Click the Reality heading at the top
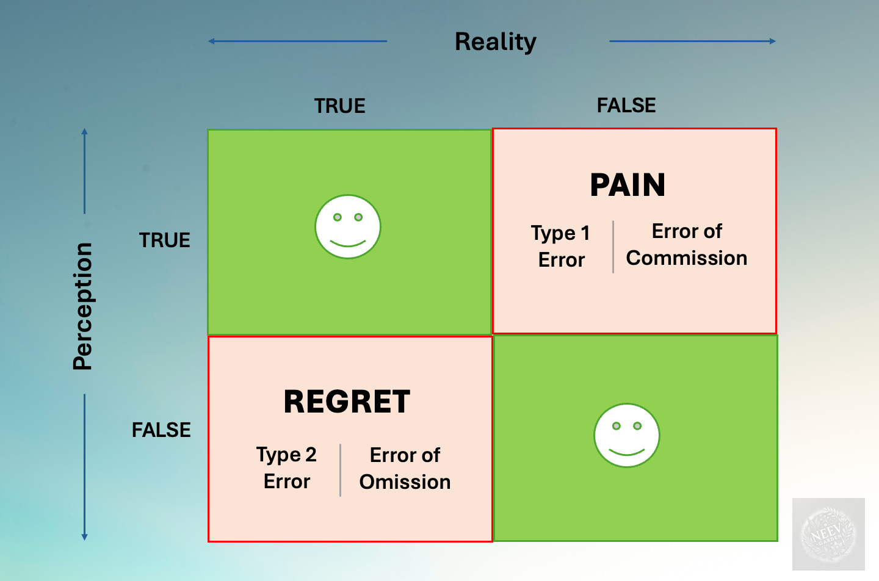tap(495, 42)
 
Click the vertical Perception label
tap(82, 306)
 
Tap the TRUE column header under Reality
tap(339, 106)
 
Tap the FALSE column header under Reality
tap(626, 106)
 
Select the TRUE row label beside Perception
tap(164, 240)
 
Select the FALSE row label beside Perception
tap(161, 430)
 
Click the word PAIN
tap(628, 185)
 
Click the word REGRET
tap(347, 402)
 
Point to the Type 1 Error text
tap(561, 246)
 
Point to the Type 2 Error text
tap(286, 468)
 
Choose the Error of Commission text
tap(687, 245)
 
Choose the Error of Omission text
tap(405, 469)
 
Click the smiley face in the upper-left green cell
tap(348, 227)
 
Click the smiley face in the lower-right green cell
tap(627, 435)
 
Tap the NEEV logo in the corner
tap(828, 534)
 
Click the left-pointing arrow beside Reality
tap(297, 41)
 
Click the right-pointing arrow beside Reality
tap(693, 41)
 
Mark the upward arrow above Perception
tap(85, 171)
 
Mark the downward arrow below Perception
tap(85, 467)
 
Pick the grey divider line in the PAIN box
tap(613, 247)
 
